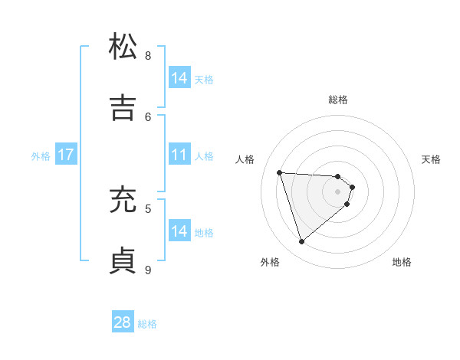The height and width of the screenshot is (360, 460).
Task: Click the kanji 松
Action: click(123, 47)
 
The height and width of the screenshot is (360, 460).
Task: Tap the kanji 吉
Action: click(123, 108)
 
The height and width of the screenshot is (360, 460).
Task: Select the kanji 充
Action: click(123, 200)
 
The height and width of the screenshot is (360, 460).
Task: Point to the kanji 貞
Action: click(123, 260)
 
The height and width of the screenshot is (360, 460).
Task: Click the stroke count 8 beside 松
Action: click(148, 55)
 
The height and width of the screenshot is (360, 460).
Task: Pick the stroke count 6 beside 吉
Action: click(148, 116)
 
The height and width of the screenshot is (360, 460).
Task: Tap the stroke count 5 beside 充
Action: click(148, 208)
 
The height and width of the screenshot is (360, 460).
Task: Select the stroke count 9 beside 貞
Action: click(148, 269)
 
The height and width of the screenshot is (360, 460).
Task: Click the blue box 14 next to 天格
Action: click(179, 78)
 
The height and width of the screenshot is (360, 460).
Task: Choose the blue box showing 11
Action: click(179, 155)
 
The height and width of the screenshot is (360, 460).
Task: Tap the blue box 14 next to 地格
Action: click(179, 231)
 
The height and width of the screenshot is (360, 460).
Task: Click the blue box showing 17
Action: click(65, 155)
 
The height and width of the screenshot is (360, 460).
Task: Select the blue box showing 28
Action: click(123, 322)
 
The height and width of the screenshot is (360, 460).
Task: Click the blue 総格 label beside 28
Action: click(147, 324)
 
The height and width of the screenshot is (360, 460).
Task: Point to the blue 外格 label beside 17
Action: click(41, 156)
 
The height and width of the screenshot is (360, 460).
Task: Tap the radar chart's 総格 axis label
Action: click(338, 100)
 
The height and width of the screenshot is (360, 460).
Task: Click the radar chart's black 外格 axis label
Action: click(270, 262)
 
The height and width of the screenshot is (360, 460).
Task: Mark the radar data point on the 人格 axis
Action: click(280, 172)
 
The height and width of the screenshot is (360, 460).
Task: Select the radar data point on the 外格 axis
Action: click(301, 242)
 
